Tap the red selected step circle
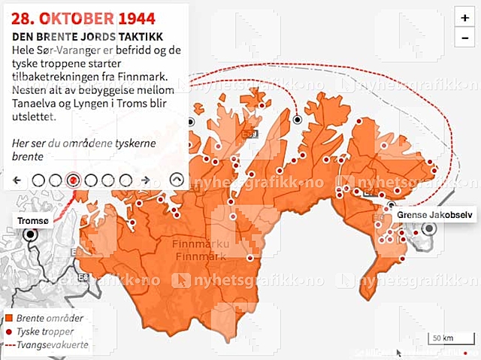click(x=73, y=180)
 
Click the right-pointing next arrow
click(x=146, y=180)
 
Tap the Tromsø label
click(x=32, y=219)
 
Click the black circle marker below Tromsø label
click(x=31, y=234)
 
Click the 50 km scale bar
click(x=443, y=339)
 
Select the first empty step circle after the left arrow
click(x=37, y=180)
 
